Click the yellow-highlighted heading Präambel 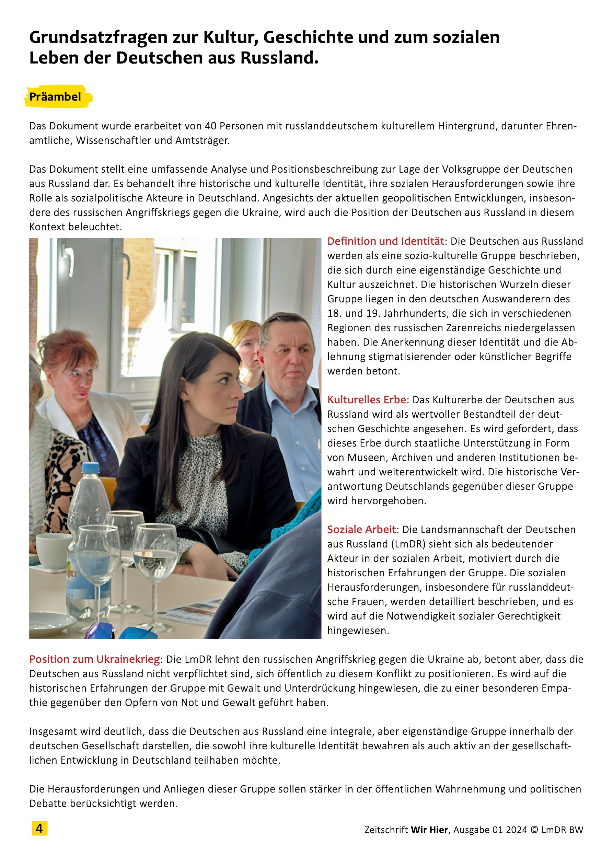click(x=55, y=97)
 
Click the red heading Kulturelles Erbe click(x=366, y=400)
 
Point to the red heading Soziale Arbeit click(x=361, y=529)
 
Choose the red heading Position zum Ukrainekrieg click(x=94, y=659)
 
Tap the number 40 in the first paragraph click(x=211, y=126)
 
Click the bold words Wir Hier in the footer click(x=429, y=830)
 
